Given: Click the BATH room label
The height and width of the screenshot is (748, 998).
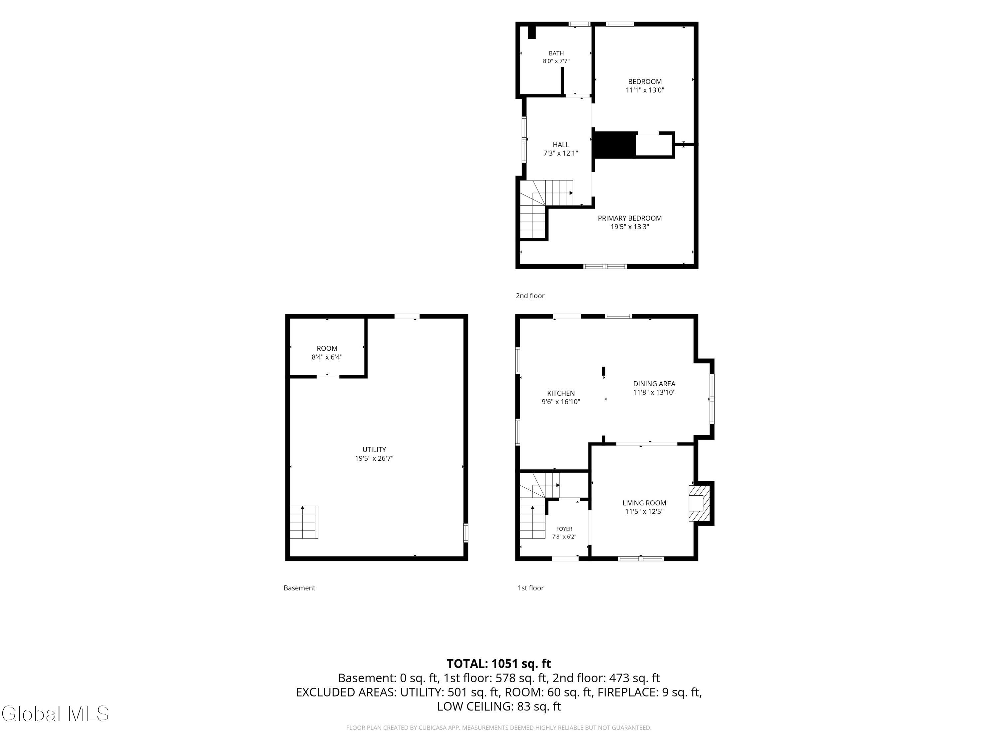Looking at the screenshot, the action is pyautogui.click(x=556, y=53).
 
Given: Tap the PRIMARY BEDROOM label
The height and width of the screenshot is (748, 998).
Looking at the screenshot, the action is pyautogui.click(x=629, y=218).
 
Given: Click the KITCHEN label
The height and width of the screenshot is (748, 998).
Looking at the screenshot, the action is pyautogui.click(x=561, y=393).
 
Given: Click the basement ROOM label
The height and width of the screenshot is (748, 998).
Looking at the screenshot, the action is pyautogui.click(x=327, y=348).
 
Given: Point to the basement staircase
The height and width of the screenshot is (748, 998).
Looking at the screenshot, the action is pyautogui.click(x=304, y=522).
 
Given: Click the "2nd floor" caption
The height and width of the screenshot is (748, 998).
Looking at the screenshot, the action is pyautogui.click(x=530, y=296).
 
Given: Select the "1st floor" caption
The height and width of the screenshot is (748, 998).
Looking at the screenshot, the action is pyautogui.click(x=531, y=588).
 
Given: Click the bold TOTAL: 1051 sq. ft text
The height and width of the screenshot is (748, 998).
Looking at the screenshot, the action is pyautogui.click(x=499, y=664).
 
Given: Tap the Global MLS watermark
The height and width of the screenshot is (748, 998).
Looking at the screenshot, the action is pyautogui.click(x=55, y=713).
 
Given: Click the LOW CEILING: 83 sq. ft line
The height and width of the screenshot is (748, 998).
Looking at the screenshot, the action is pyautogui.click(x=499, y=706).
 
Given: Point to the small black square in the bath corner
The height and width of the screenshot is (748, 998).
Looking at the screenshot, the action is pyautogui.click(x=532, y=33).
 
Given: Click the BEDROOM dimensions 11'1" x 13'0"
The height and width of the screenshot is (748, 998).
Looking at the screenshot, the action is pyautogui.click(x=645, y=90).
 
